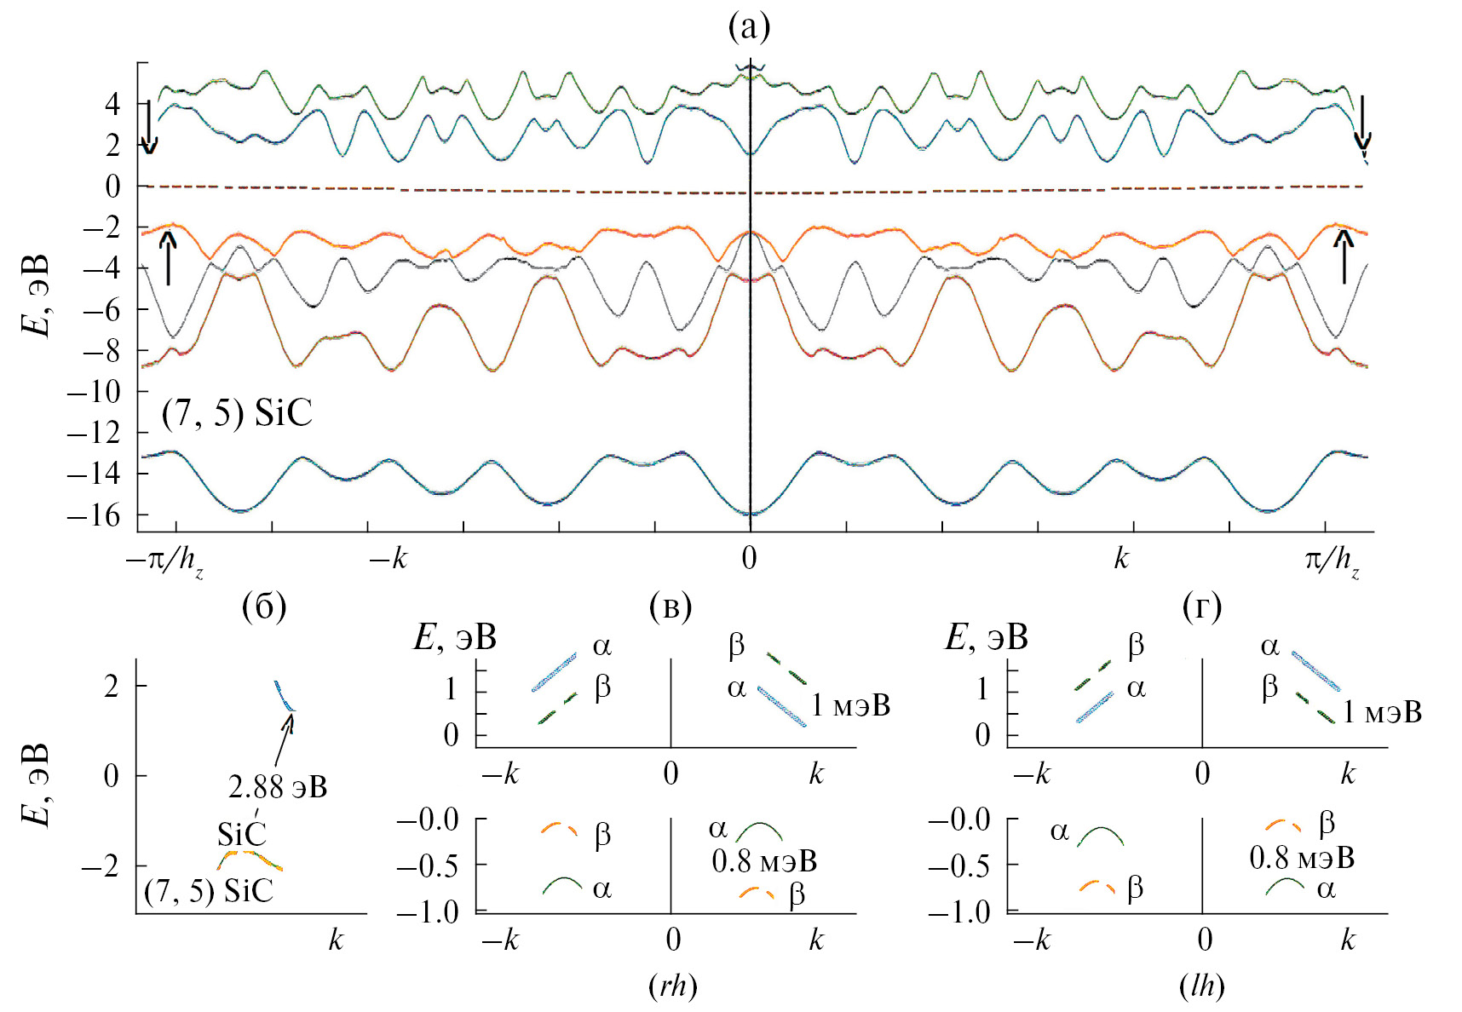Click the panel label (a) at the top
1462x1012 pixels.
coord(749,28)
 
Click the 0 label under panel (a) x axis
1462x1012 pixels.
coord(749,558)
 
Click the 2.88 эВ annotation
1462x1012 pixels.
coord(278,786)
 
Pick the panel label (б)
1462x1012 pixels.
coord(264,607)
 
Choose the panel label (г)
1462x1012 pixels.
coord(1202,607)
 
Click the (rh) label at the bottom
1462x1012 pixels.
coord(672,986)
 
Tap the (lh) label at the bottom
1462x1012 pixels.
coord(1202,986)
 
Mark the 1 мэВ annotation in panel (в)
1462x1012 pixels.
coord(850,705)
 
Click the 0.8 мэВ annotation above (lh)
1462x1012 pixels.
coord(1301,857)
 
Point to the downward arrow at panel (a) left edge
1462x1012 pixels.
coord(149,127)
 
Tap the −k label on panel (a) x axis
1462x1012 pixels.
coord(388,559)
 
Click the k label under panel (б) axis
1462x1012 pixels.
coord(336,940)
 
